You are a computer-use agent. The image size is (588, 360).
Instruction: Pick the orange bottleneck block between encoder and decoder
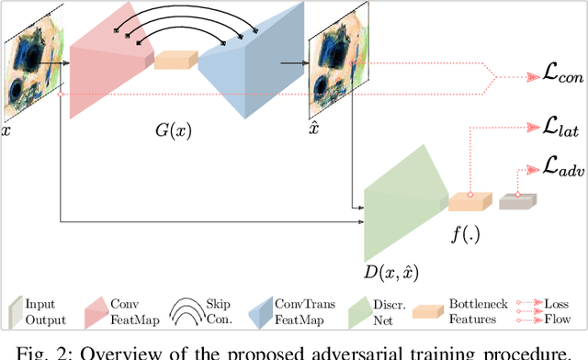point(175,60)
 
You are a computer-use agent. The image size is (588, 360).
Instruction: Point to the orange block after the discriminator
point(470,201)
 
